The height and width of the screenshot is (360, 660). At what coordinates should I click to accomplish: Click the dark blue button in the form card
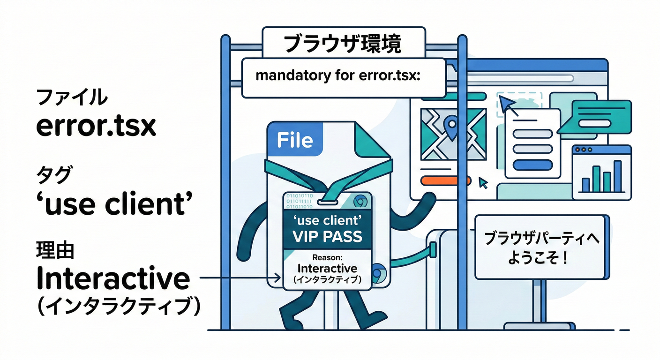[532, 165]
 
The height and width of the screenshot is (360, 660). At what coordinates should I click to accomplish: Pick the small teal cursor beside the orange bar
[482, 182]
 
